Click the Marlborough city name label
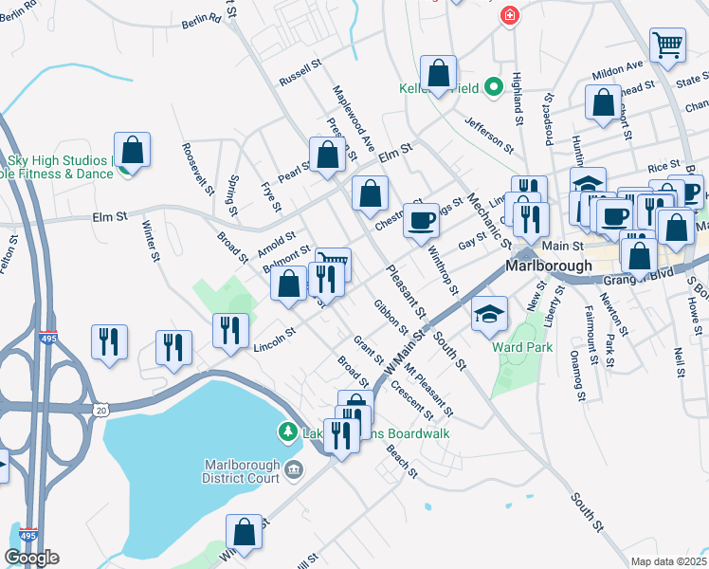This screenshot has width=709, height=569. tap(549, 266)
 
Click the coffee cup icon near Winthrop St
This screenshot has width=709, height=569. tap(421, 221)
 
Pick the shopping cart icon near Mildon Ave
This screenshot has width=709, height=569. tap(667, 44)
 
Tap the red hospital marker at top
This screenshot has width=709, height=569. tap(510, 15)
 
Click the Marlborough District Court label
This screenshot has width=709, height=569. tap(242, 470)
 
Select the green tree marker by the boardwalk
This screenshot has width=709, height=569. tap(287, 432)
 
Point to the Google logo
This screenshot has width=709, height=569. tap(31, 558)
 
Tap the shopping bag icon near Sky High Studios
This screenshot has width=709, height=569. tap(132, 151)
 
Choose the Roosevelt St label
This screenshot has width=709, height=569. tap(197, 168)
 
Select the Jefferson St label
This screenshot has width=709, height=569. tap(489, 136)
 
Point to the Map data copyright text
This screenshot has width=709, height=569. tap(669, 561)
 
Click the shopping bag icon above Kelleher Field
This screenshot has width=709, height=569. tap(439, 73)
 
